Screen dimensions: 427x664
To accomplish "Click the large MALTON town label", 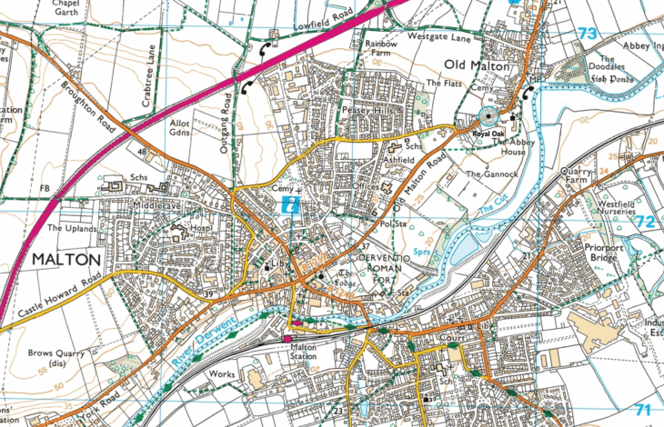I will (65, 259).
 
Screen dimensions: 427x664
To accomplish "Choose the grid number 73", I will (589, 34).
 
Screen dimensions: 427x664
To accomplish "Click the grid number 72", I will (645, 221).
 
